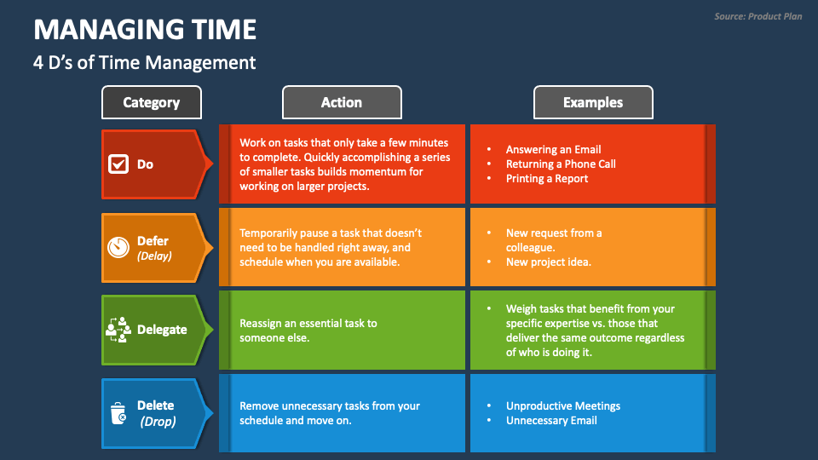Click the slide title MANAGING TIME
145,30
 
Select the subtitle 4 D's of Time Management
144,62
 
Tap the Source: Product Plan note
758,16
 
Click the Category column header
152,102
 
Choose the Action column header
341,102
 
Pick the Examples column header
592,102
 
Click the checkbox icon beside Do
118,164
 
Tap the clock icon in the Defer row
118,247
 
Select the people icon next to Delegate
118,330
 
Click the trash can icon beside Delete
118,413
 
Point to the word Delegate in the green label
162,330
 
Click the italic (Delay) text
154,256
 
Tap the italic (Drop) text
157,421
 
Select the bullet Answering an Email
553,149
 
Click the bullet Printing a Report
547,178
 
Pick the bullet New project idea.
548,262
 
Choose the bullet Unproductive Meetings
562,405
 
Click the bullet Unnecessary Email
551,420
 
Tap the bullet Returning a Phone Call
560,164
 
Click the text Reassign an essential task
308,323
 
